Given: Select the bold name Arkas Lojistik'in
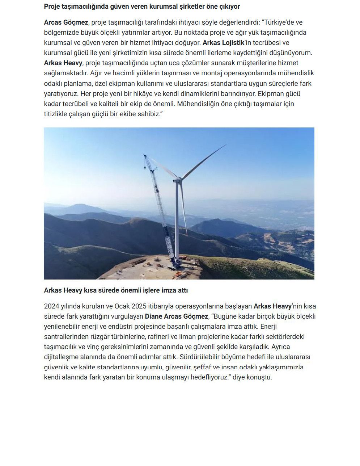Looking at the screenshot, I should (224, 43).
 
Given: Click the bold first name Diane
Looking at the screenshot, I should (153, 316).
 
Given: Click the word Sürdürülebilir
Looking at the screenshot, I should (206, 357).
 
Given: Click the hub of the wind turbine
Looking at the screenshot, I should (177, 180).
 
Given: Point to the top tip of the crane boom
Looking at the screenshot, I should (145, 156).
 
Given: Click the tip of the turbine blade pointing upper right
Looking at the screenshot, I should (226, 145).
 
